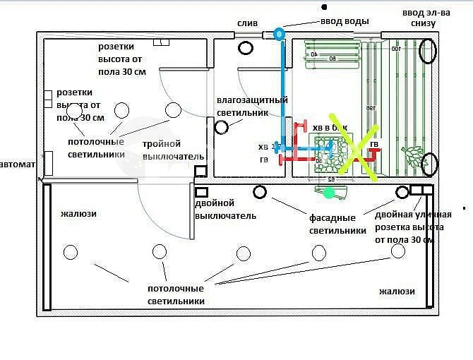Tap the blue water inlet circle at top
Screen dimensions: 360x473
[x=280, y=33]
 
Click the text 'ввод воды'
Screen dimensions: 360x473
[x=345, y=21]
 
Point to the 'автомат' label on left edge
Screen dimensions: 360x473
[x=16, y=164]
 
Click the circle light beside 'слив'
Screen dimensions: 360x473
[x=246, y=48]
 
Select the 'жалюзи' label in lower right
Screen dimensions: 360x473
[x=397, y=291]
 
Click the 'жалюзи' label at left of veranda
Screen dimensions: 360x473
[x=78, y=214]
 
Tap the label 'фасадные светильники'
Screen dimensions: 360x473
[x=337, y=224]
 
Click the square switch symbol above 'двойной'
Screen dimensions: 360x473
[x=201, y=191]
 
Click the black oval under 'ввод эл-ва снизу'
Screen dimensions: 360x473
[x=427, y=50]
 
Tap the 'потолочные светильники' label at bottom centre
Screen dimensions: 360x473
[x=176, y=294]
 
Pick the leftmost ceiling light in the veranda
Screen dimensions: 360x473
[x=71, y=252]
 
